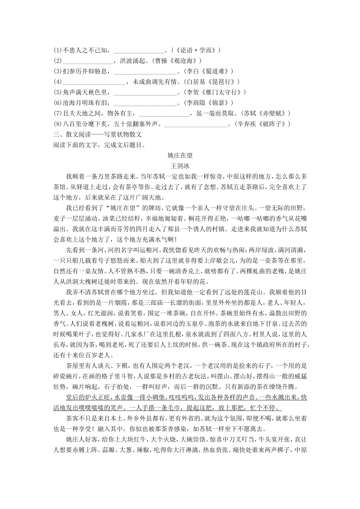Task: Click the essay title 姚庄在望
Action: (180, 155)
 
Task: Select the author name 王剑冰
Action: (180, 166)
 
